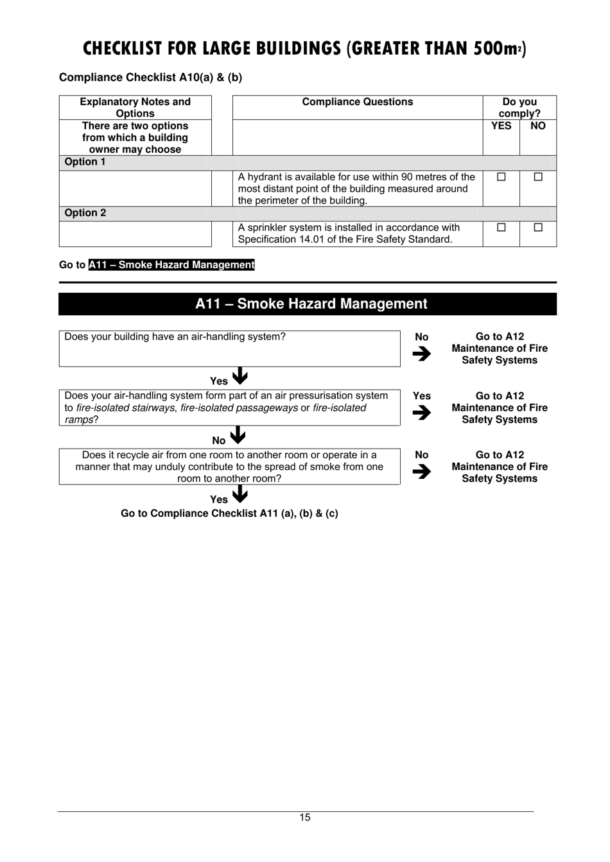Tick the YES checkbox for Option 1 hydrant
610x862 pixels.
(501, 177)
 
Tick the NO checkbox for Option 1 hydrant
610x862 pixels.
(538, 177)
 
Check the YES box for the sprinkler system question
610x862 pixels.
(501, 227)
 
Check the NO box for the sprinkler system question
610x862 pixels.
(538, 227)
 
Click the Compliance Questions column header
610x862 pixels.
(357, 102)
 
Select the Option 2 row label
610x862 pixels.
(85, 213)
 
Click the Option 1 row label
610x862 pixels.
(85, 162)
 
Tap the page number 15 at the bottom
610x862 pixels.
(304, 818)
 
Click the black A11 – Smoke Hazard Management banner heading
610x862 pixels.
(311, 304)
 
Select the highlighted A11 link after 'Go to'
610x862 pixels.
(171, 265)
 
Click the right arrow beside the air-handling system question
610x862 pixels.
(422, 354)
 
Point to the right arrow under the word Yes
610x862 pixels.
(422, 413)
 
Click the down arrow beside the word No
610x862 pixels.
(238, 436)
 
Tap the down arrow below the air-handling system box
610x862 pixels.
(240, 376)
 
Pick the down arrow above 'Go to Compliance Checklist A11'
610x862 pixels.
(240, 494)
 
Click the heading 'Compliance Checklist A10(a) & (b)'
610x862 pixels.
(150, 78)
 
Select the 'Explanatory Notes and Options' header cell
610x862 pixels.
(135, 107)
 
